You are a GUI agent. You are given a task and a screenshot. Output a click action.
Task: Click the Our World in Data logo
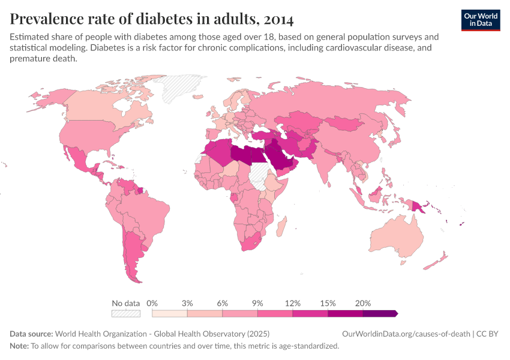pyautogui.click(x=480, y=19)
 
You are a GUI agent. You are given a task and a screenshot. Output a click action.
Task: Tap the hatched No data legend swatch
pyautogui.click(x=125, y=313)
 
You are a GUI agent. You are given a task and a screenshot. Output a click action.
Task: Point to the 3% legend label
pyautogui.click(x=187, y=303)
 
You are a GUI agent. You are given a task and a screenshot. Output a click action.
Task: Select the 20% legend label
pyautogui.click(x=363, y=303)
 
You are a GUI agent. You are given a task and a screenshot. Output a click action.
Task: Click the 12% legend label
pyautogui.click(x=293, y=303)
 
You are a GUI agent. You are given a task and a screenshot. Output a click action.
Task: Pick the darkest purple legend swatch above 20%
pyautogui.click(x=380, y=313)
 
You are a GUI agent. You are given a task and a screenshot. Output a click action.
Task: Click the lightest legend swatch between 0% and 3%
pyautogui.click(x=169, y=313)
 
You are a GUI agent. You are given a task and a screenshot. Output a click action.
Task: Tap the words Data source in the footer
pyautogui.click(x=31, y=334)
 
